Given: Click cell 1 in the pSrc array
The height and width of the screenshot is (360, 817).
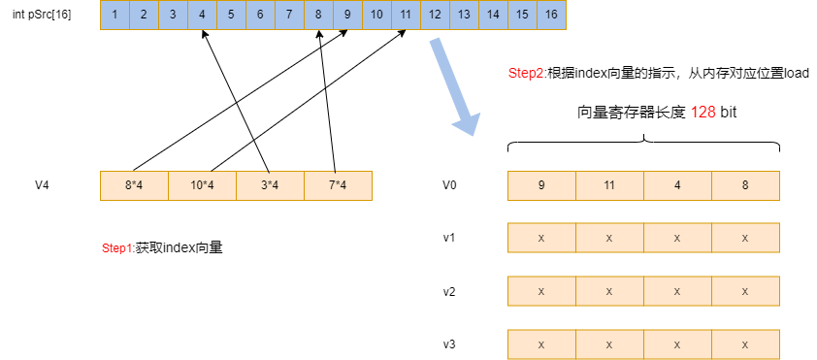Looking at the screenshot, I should click(115, 16).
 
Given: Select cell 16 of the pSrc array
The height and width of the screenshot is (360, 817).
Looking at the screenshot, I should click(551, 16).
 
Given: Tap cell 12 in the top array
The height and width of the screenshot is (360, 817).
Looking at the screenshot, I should click(435, 16).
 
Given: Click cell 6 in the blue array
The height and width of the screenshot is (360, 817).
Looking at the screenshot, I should click(260, 16).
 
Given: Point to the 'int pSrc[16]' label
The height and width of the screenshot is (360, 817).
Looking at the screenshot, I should click(40, 16).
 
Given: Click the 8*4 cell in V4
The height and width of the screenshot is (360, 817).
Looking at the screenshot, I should click(134, 185).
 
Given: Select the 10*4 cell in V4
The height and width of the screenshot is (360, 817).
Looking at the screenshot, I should click(202, 185).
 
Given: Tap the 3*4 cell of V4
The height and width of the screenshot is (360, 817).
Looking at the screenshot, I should click(270, 185).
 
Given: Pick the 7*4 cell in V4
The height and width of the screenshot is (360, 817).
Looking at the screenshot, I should click(338, 185).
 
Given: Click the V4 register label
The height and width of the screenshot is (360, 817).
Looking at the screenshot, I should click(42, 184).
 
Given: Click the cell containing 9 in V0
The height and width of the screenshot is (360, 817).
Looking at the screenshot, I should click(541, 185).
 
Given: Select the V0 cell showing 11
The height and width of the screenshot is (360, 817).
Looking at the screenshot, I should click(609, 185).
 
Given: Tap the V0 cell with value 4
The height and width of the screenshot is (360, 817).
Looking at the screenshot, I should click(677, 185).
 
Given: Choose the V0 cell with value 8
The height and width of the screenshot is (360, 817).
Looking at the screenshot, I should click(745, 185).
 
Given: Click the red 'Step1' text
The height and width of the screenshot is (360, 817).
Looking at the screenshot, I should click(117, 248).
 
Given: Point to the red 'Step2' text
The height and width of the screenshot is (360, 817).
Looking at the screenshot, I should click(526, 74).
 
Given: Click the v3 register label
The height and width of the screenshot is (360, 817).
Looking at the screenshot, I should click(449, 344).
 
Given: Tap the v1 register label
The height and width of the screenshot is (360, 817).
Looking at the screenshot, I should click(449, 238).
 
